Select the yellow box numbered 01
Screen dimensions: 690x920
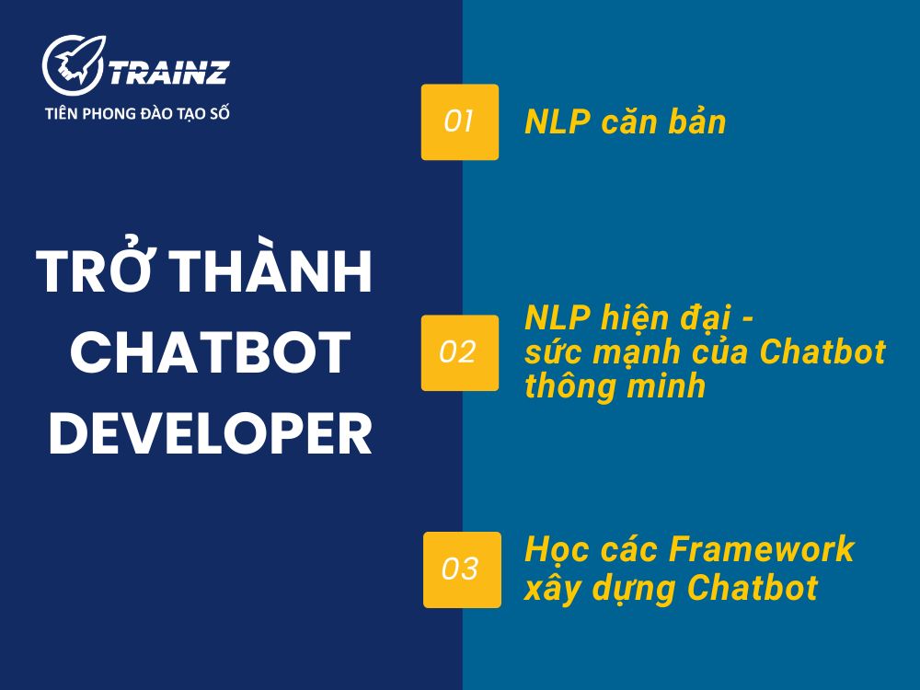click(x=459, y=122)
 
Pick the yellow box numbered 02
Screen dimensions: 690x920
click(x=459, y=352)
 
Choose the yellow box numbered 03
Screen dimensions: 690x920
click(x=462, y=569)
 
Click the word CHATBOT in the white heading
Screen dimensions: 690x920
click(x=211, y=352)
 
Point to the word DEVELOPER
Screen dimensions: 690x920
click(x=211, y=434)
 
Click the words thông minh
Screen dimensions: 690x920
click(x=615, y=386)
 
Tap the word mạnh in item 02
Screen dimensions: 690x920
click(x=645, y=353)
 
